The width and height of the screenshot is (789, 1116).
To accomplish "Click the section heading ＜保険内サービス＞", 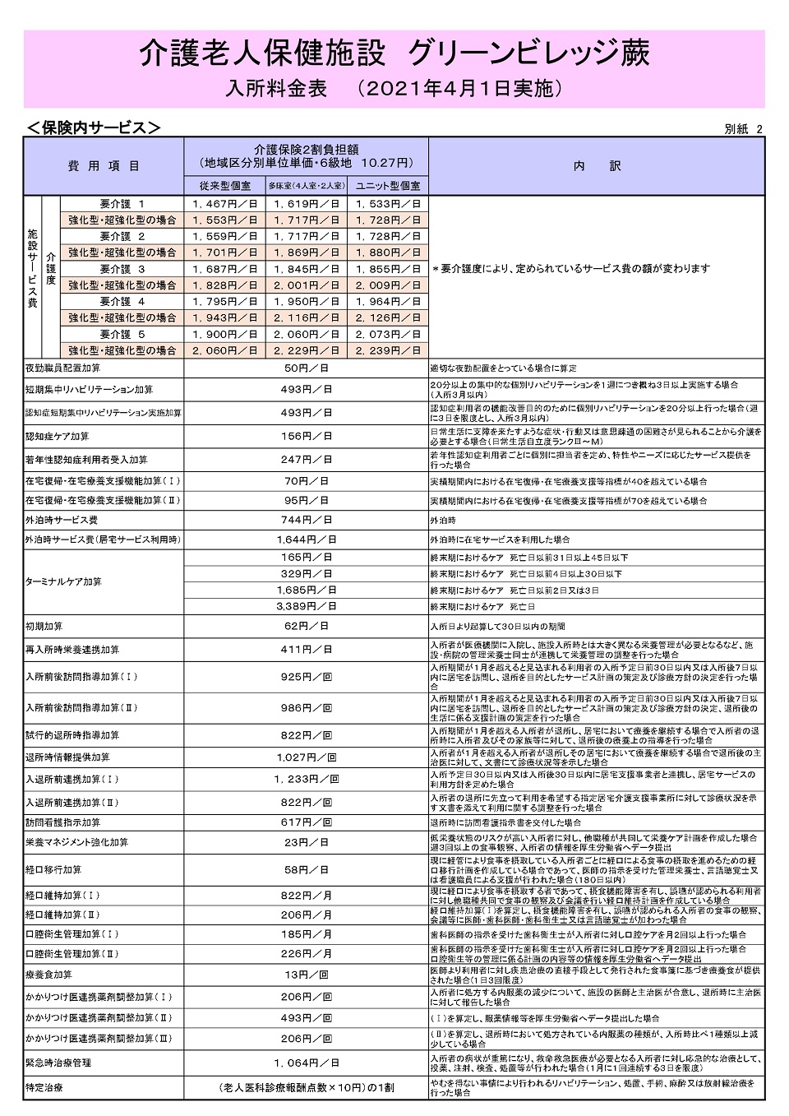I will pyautogui.click(x=92, y=127).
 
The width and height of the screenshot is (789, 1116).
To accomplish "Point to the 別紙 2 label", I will pyautogui.click(x=744, y=129).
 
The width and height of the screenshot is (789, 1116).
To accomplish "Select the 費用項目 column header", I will pyautogui.click(x=104, y=166).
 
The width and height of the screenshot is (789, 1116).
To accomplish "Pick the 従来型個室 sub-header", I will pyautogui.click(x=224, y=187).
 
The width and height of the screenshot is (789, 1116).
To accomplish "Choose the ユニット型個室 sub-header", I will pyautogui.click(x=387, y=187).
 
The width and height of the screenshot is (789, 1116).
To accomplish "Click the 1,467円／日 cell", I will pyautogui.click(x=224, y=204).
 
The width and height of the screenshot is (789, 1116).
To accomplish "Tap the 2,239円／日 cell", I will pyautogui.click(x=387, y=350).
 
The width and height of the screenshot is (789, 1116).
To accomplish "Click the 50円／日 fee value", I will pyautogui.click(x=306, y=368).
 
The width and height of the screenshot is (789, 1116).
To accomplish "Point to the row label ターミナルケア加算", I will pyautogui.click(x=63, y=581).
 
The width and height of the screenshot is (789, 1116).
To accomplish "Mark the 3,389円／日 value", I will pyautogui.click(x=306, y=606).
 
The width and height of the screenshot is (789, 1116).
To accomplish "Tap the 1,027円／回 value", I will pyautogui.click(x=306, y=757).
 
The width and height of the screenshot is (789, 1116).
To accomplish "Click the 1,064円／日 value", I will pyautogui.click(x=306, y=1063).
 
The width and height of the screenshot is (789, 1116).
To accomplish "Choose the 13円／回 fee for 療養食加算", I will pyautogui.click(x=306, y=975).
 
